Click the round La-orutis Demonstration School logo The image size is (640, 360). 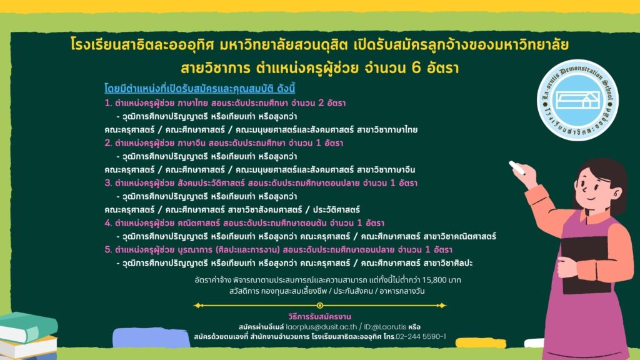[x=577, y=100]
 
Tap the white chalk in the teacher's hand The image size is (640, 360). [x=516, y=167]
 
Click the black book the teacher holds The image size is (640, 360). [x=586, y=264]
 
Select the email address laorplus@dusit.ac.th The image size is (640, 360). [x=321, y=327]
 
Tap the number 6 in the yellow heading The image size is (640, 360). [x=416, y=67]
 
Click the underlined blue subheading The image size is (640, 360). [x=199, y=89]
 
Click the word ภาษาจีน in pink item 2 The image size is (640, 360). [x=191, y=143]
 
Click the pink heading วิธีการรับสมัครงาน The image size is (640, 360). [x=319, y=316]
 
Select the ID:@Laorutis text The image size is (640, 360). [x=385, y=327]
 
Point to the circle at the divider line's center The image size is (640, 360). [x=320, y=305]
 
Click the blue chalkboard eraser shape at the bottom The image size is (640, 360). [x=151, y=337]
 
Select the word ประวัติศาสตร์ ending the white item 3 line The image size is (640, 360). [x=336, y=210]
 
